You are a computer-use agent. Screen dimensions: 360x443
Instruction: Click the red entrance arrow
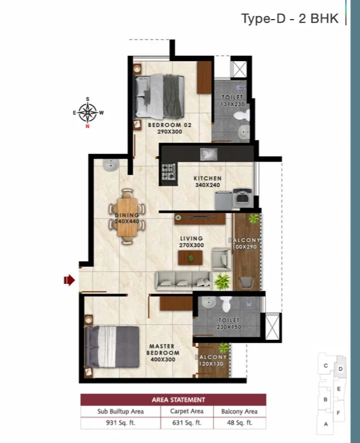click(x=69, y=280)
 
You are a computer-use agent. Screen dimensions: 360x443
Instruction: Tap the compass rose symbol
click(x=88, y=112)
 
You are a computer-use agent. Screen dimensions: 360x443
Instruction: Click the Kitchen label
click(x=208, y=178)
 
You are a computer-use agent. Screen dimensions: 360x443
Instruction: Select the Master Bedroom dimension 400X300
click(x=163, y=359)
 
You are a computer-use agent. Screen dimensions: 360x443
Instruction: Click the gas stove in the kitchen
click(x=168, y=172)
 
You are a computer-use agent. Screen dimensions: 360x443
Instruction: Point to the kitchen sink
click(x=209, y=154)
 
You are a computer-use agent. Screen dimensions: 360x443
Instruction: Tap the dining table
click(x=127, y=218)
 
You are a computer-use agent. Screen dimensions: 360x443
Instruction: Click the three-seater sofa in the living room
click(x=183, y=281)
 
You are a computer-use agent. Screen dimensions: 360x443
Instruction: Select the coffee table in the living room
click(x=190, y=258)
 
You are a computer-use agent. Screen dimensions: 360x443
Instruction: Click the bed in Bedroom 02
click(x=159, y=96)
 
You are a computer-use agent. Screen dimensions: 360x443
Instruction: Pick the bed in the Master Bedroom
click(x=112, y=347)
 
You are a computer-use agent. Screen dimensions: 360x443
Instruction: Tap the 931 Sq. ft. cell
click(x=121, y=423)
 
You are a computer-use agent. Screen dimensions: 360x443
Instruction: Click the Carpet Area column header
click(x=187, y=411)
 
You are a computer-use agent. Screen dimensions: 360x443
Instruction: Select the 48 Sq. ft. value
click(x=239, y=423)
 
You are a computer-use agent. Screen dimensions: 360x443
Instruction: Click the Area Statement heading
click(x=178, y=400)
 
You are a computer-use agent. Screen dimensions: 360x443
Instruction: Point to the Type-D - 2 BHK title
click(x=290, y=18)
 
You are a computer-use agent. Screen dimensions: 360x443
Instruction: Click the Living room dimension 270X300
click(x=192, y=245)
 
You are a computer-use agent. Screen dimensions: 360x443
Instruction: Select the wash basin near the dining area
click(x=111, y=165)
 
